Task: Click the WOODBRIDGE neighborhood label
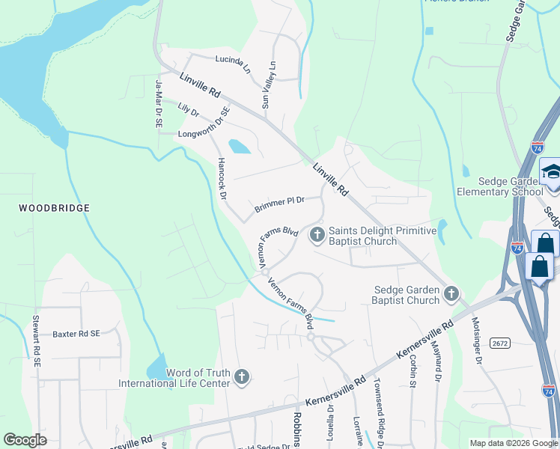click(54, 208)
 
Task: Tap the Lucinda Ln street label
click(232, 64)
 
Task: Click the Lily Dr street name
click(188, 111)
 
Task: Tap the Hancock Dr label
click(222, 179)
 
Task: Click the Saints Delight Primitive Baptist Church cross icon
click(317, 236)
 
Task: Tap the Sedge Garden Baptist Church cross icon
click(451, 294)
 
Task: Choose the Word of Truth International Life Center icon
click(241, 377)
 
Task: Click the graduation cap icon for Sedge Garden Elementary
click(550, 172)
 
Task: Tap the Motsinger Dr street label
click(474, 341)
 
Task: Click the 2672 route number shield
click(500, 342)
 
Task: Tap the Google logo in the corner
click(25, 440)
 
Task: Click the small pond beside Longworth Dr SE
click(239, 146)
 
